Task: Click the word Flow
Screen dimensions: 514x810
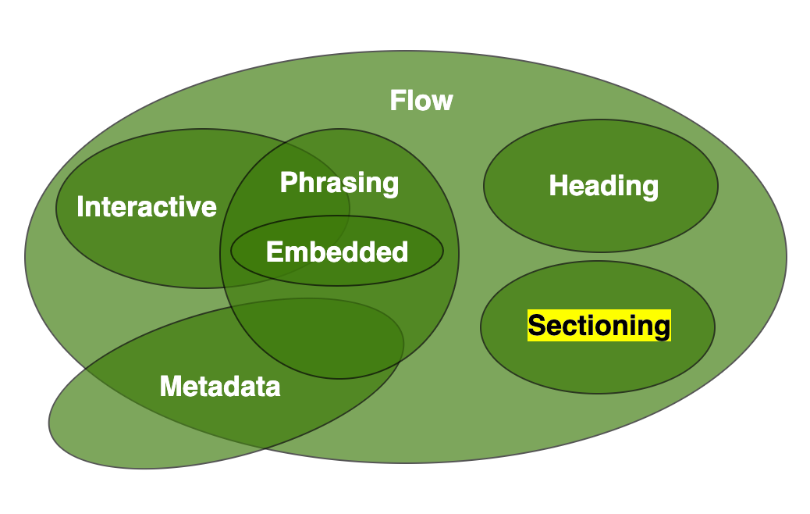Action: [421, 101]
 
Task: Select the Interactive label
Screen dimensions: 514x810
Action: [147, 207]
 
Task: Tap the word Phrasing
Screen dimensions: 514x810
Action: [339, 183]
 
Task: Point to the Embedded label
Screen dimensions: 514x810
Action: [337, 252]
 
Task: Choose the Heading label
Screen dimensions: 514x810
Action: [603, 186]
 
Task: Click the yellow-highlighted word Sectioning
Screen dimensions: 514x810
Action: [599, 326]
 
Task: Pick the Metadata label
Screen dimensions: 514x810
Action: [220, 386]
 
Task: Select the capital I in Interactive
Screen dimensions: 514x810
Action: [80, 207]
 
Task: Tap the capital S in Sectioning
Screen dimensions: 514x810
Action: [536, 326]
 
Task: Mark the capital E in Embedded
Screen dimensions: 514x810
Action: [274, 252]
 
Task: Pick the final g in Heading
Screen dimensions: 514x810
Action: [650, 188]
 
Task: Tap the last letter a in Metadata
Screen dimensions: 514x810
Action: [272, 387]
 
